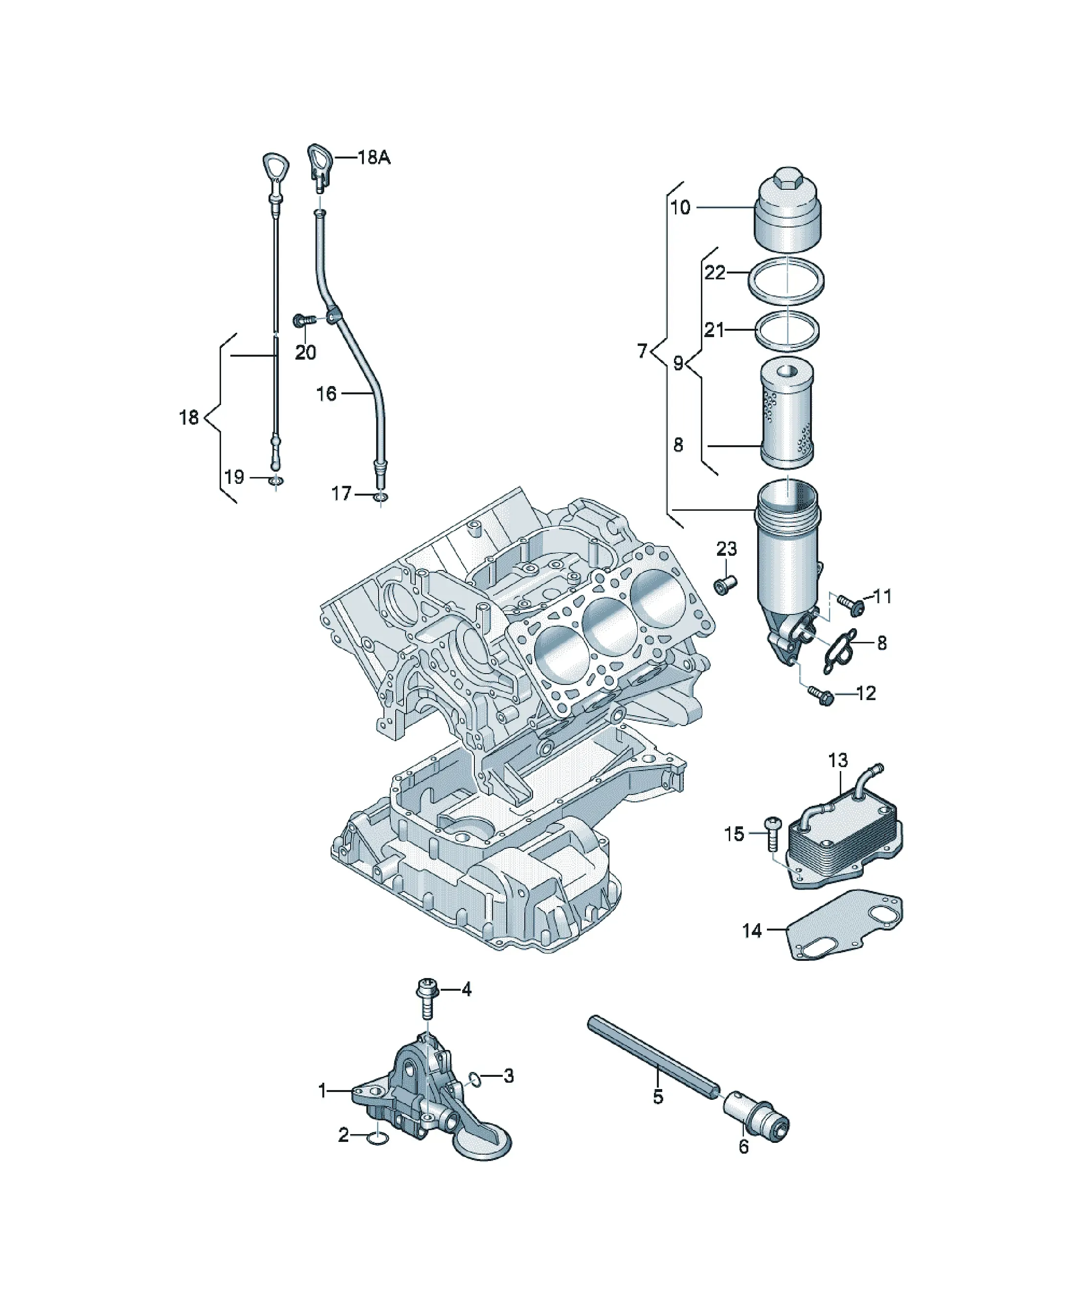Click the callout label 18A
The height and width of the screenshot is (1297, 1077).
click(374, 158)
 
